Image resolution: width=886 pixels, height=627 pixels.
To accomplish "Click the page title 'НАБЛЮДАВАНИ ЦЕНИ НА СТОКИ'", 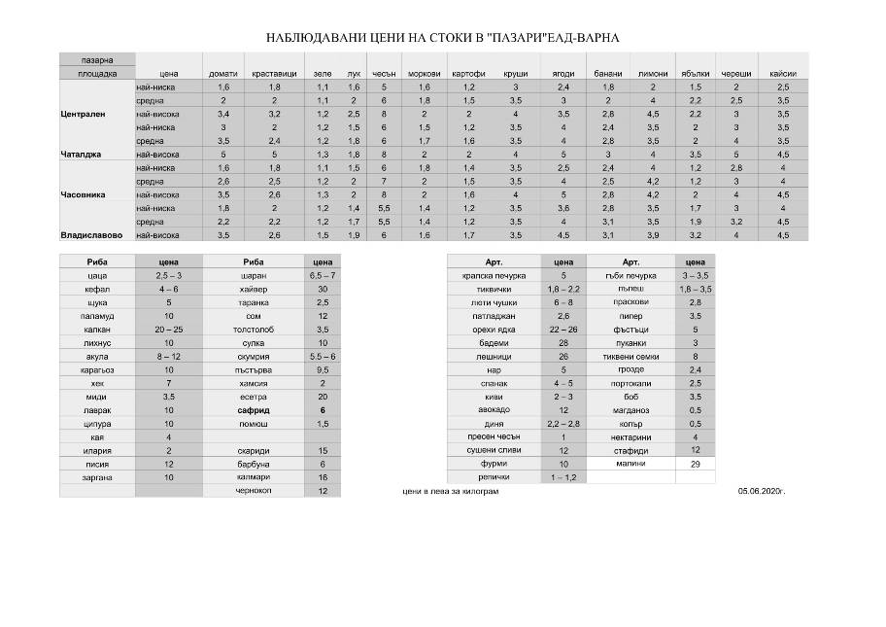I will [442, 38].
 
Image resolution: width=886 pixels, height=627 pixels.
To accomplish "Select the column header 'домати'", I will [222, 74].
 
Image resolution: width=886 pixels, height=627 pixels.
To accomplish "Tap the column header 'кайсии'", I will [782, 74].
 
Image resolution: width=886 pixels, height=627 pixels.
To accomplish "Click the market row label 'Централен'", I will [83, 114].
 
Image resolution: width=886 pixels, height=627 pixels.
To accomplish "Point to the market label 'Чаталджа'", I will [83, 154].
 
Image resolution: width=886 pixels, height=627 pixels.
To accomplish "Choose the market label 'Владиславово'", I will [89, 235].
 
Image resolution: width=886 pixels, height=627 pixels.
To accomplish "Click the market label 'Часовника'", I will [83, 194].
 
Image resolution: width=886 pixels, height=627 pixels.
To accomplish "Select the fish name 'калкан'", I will [97, 330].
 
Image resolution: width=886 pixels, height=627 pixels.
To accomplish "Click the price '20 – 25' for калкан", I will [169, 330].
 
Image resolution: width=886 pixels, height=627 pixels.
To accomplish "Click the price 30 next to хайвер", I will [322, 289].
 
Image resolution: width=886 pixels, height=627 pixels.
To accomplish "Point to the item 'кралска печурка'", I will [494, 275].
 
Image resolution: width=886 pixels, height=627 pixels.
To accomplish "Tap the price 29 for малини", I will [695, 465].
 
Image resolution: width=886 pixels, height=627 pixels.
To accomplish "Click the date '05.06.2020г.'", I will [761, 492].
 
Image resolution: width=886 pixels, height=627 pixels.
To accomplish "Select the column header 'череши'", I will [735, 74].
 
